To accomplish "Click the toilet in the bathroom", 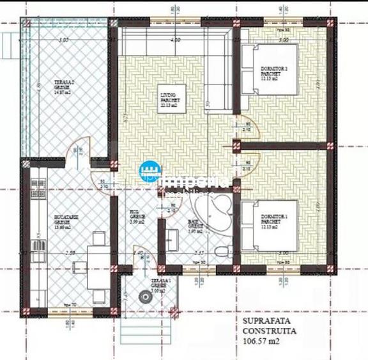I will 219,251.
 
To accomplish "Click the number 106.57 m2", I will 262,341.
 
